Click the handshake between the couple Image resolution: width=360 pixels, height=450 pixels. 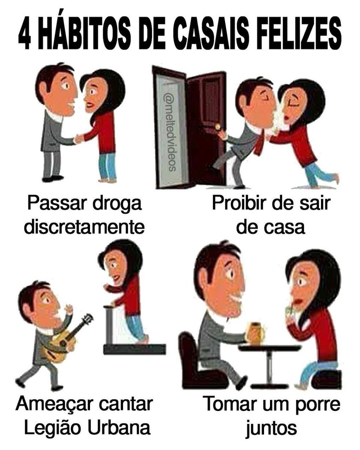coord(79,139)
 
